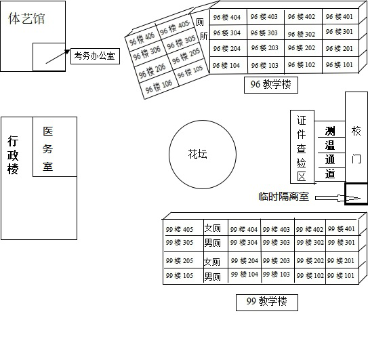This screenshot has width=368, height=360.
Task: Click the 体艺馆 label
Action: [x=26, y=18]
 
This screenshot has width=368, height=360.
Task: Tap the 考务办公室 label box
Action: [x=95, y=56]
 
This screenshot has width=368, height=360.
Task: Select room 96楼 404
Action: [x=227, y=17]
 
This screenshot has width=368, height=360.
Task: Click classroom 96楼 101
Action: [x=340, y=64]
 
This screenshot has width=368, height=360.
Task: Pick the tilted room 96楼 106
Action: [x=159, y=86]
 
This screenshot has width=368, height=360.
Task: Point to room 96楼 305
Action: [x=181, y=42]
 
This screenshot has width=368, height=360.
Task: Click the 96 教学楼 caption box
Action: [x=271, y=85]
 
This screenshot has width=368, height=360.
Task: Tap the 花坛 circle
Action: [x=203, y=154]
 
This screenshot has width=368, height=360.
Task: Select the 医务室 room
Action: [x=55, y=146]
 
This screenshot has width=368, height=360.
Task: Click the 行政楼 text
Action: [x=13, y=155]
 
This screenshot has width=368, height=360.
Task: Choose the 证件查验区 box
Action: [x=302, y=146]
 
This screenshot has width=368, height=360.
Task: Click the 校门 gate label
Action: [x=356, y=144]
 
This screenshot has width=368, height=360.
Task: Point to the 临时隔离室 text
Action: [x=283, y=197]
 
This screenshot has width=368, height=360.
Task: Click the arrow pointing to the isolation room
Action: [x=338, y=198]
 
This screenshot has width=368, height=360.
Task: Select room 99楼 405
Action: [x=180, y=229]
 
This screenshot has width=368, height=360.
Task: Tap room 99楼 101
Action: [x=341, y=275]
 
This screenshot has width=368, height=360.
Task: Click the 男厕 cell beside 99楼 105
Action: [x=212, y=276]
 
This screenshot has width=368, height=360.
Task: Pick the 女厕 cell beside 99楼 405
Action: [x=212, y=228]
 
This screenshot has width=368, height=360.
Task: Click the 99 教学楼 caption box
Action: [x=267, y=302]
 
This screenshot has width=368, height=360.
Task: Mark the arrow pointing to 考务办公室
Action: [x=58, y=56]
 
